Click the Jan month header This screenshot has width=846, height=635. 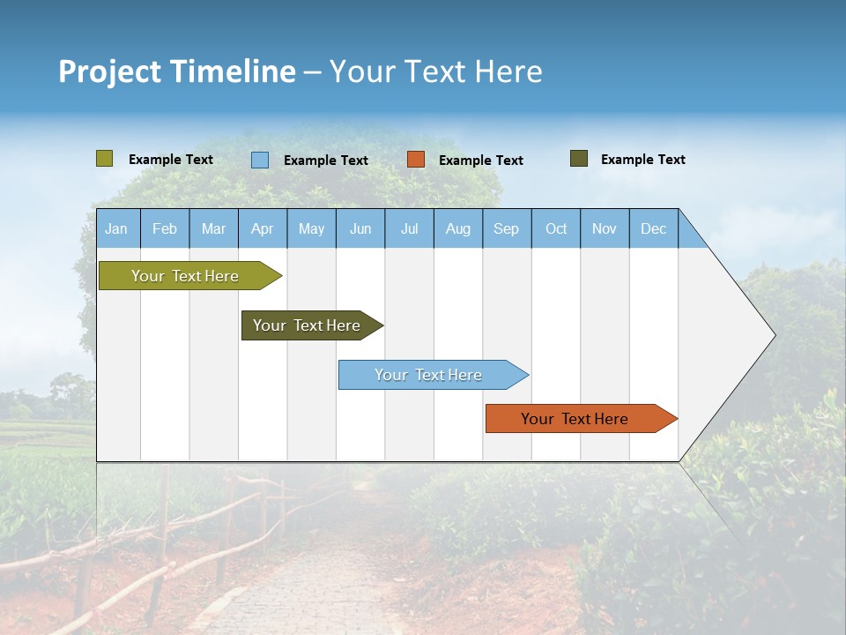pyautogui.click(x=116, y=228)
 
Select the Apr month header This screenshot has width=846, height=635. pyautogui.click(x=262, y=228)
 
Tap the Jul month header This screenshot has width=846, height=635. pyautogui.click(x=409, y=228)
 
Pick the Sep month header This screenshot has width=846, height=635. pyautogui.click(x=506, y=228)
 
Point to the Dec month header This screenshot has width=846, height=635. pyautogui.click(x=653, y=228)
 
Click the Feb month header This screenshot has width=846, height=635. pyautogui.click(x=165, y=228)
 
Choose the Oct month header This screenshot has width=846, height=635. pyautogui.click(x=556, y=228)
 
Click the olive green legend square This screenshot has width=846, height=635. pyautogui.click(x=105, y=159)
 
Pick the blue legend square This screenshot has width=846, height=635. pyautogui.click(x=260, y=160)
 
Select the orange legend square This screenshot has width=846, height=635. pyautogui.click(x=416, y=160)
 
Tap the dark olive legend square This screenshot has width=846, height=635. pyautogui.click(x=579, y=159)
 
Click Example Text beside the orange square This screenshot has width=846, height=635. pyautogui.click(x=480, y=160)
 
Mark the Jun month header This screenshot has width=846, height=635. pyautogui.click(x=360, y=228)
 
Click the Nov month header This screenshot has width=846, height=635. pyautogui.click(x=605, y=228)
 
